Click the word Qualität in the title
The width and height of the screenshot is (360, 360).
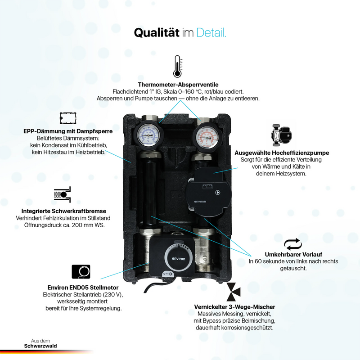coord(156,32)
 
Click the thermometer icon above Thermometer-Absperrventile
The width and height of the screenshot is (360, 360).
coord(177,66)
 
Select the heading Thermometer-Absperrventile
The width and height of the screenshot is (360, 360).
coord(178,85)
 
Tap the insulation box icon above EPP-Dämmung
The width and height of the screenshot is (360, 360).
coord(68,118)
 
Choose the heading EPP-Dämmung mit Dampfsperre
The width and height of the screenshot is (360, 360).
coord(68,131)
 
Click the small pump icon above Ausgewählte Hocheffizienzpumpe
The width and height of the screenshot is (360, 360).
coord(282,135)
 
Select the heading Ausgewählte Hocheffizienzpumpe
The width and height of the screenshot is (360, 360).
coord(282,153)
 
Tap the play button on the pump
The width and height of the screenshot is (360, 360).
coord(217,193)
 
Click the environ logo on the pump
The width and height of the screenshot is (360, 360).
coord(200,202)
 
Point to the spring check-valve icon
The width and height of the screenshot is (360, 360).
coord(63,195)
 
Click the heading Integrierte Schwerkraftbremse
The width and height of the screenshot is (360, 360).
coord(64,211)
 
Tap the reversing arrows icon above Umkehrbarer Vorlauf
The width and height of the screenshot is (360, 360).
coord(293,244)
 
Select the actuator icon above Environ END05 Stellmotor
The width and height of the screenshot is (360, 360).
coord(81,272)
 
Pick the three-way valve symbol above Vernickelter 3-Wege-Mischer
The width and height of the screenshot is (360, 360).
coord(234,292)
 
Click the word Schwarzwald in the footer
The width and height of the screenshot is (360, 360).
coord(40,346)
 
